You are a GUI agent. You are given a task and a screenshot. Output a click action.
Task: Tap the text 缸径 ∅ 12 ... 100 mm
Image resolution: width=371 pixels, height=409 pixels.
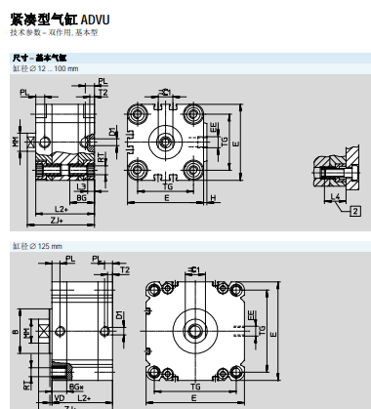pos(45,68)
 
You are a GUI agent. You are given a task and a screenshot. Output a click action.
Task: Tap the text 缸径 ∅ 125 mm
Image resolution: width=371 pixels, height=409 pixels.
pos(35,244)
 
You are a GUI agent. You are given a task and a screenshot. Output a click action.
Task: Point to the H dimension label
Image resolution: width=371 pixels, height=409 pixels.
pos(213,196)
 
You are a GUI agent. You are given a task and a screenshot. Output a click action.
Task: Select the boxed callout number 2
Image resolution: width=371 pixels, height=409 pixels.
pos(355,211)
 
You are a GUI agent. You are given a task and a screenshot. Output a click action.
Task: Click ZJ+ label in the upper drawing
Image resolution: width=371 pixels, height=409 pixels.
pos(57,221)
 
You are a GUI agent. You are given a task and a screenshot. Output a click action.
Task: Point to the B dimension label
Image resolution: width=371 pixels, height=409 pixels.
pos(13,333)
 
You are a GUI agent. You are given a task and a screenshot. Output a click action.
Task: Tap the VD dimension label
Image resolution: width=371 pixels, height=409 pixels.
pos(59,398)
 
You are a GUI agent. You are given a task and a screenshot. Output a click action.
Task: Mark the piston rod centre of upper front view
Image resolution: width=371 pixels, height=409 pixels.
pos(167,141)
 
